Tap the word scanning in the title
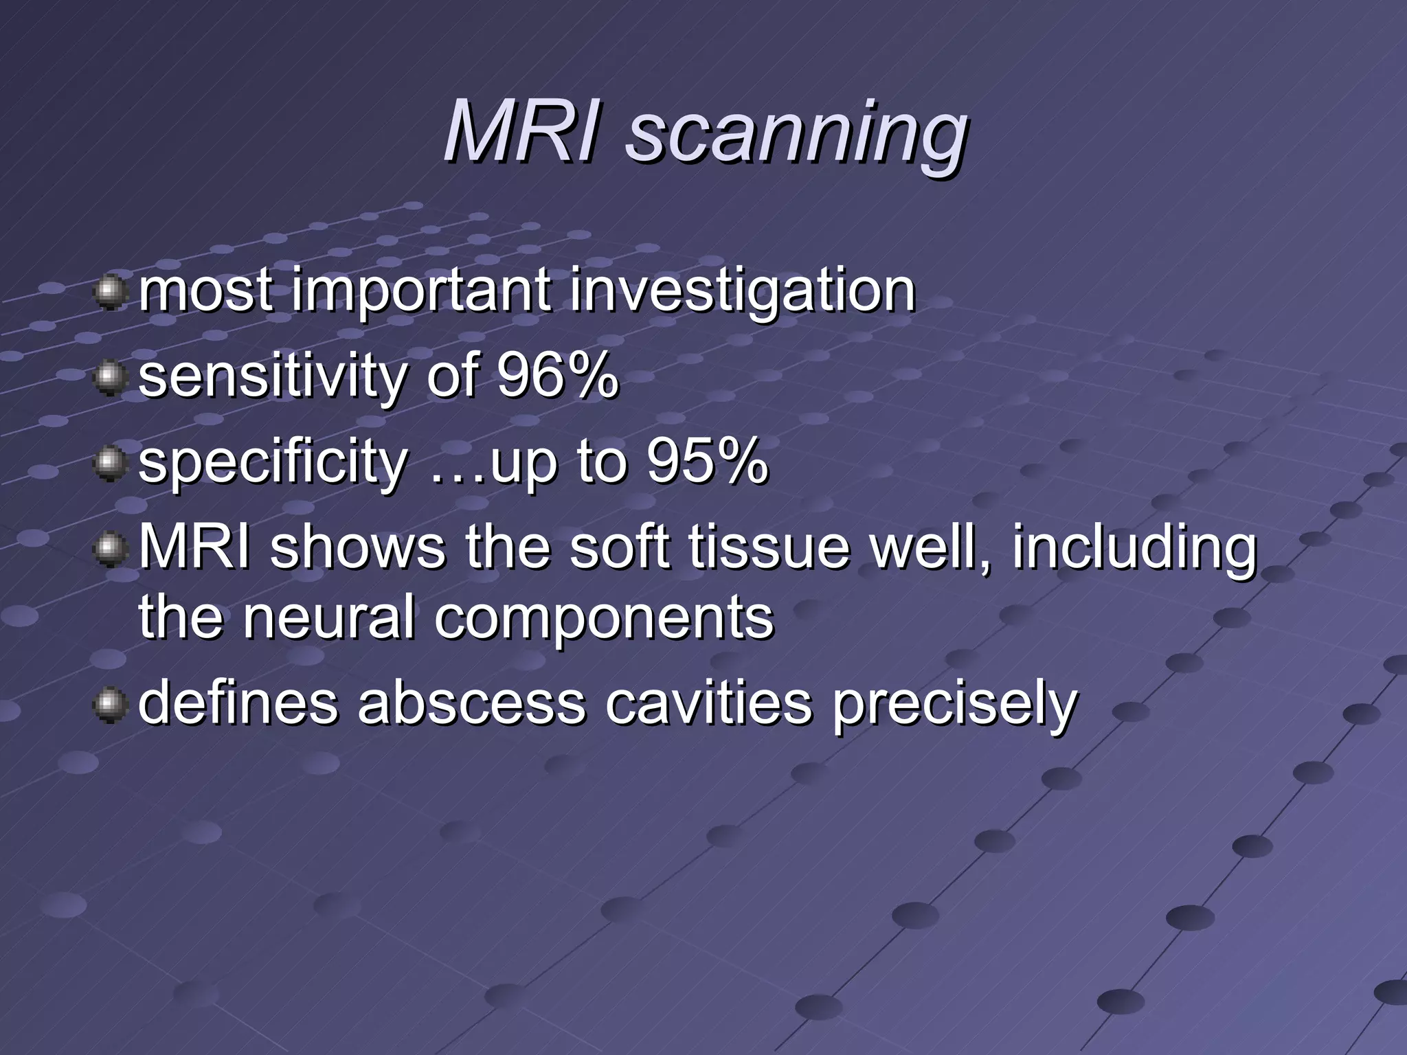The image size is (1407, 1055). [796, 134]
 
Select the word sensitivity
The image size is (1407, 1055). [273, 377]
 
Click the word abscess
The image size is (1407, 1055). [471, 703]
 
